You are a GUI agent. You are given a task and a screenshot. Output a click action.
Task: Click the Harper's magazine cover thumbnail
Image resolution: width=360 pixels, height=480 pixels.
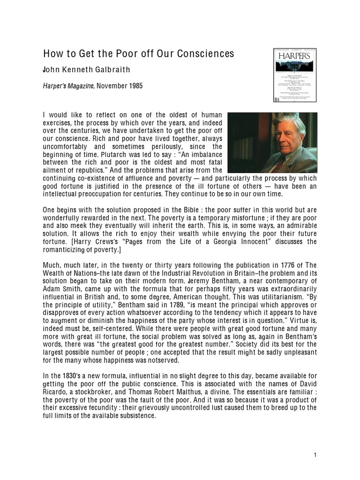pyautogui.click(x=288, y=75)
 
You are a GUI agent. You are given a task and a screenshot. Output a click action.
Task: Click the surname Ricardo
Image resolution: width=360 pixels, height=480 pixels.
pyautogui.click(x=56, y=391)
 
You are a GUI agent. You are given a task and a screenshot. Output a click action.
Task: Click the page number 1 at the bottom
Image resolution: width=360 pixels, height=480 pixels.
pyautogui.click(x=316, y=455)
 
